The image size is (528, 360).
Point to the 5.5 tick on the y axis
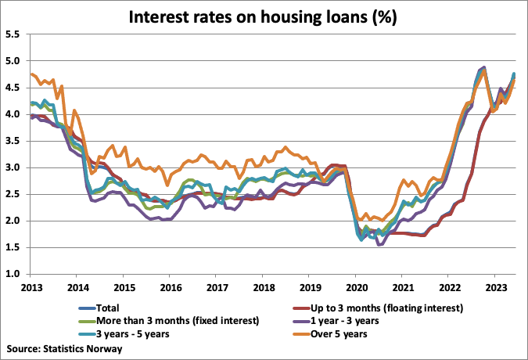pos(13,34)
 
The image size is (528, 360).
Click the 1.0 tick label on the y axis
pos(13,274)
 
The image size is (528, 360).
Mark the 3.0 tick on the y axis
pos(13,167)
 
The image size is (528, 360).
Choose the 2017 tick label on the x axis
pos(216,286)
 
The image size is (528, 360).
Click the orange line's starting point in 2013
pos(31,74)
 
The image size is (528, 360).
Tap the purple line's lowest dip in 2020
pos(379,245)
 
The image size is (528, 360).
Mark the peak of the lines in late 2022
pos(483,67)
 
